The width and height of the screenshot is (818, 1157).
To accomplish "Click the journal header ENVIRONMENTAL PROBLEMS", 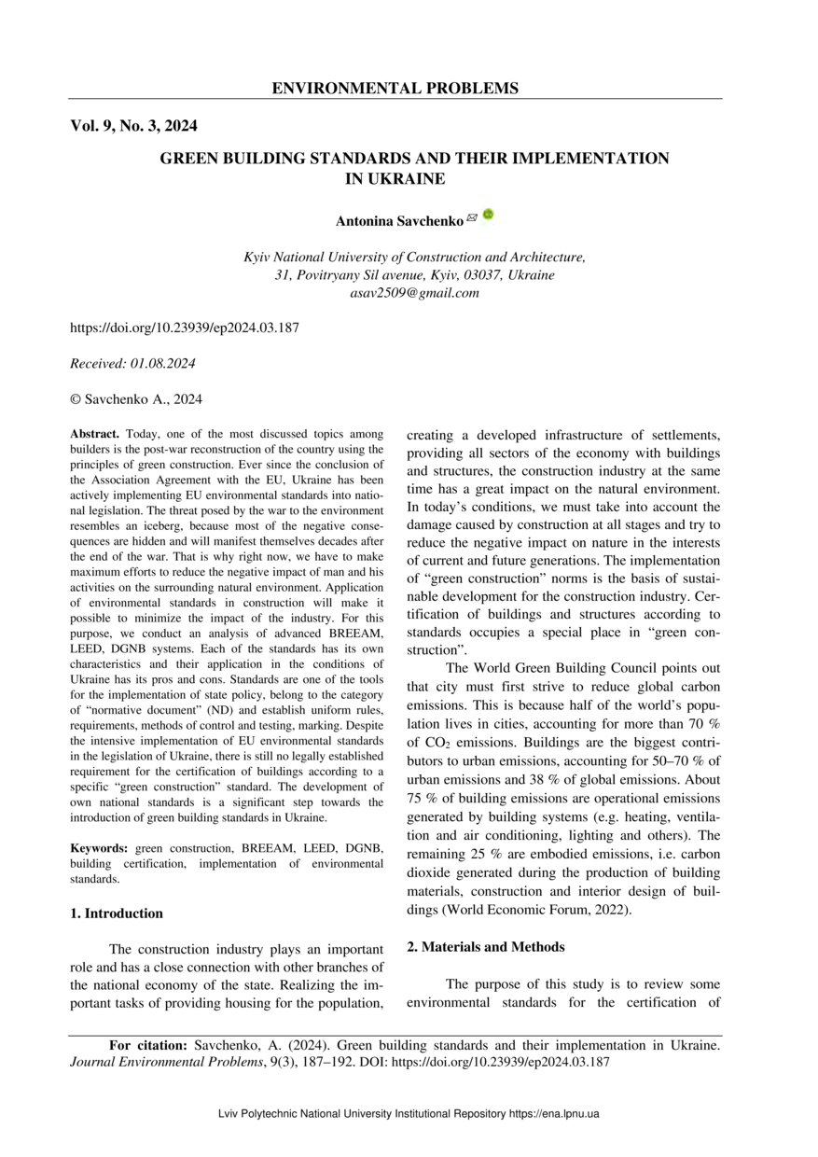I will pos(395,89).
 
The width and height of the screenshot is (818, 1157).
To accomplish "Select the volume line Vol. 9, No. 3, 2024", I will pos(133,126).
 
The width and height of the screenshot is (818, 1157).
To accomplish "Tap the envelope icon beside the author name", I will pos(472,217).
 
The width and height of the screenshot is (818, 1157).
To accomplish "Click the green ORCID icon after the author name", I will pos(488,215).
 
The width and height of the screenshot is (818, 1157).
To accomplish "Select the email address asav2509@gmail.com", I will pos(414,293).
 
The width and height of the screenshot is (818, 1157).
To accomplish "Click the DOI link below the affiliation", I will pos(185,328).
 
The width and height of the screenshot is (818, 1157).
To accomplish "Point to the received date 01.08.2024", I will pos(160,364).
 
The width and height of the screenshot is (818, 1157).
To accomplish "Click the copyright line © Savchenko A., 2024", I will pos(136,399).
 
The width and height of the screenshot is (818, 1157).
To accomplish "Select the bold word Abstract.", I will pos(95,435).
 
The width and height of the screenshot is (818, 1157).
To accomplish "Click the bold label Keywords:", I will pos(100,848).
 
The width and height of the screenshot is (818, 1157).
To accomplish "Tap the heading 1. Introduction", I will pos(117,913).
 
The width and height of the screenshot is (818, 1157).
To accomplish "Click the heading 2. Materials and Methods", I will pos(485,947).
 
